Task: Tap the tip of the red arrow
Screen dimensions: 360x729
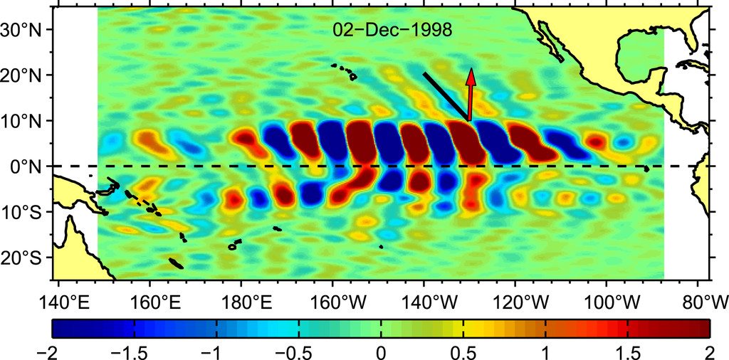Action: click(x=471, y=70)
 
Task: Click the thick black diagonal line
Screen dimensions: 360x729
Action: click(x=445, y=96)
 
